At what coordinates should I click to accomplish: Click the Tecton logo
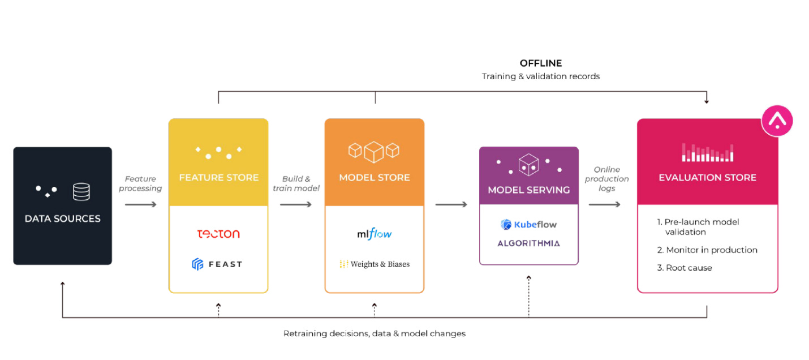point(218,234)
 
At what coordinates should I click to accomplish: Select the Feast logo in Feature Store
point(217,264)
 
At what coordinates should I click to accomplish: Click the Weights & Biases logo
point(375,264)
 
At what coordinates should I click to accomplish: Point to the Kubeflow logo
point(528,225)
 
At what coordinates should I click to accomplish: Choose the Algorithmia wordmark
point(528,243)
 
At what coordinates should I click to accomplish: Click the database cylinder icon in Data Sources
point(81,192)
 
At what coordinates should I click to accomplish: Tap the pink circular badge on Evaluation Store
point(777,121)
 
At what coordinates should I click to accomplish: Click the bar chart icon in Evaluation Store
point(707,152)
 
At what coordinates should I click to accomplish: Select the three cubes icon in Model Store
point(374,151)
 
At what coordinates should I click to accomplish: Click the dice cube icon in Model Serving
point(528,164)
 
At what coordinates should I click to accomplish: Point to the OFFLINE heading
point(540,63)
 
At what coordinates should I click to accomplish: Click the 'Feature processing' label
point(140,183)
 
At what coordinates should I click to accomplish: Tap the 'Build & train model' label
point(296,183)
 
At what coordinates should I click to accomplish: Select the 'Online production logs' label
point(606,179)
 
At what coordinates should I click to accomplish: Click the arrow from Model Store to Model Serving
point(451,204)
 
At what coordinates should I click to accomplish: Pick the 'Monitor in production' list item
point(707,250)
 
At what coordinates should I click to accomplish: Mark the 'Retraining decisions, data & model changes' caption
point(374,333)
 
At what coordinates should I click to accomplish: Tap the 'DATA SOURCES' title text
point(62,218)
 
